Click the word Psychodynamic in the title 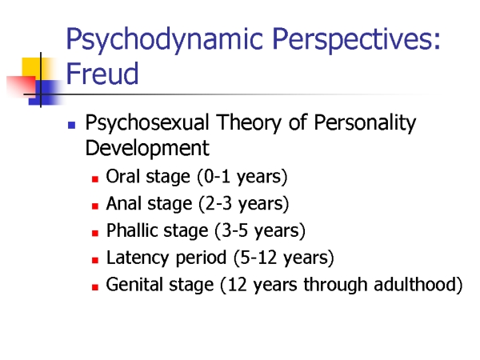click(164, 40)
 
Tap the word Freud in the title click(102, 73)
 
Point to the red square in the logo click(21, 86)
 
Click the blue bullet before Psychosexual click(71, 125)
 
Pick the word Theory click(249, 123)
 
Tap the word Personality click(365, 123)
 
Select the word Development click(147, 148)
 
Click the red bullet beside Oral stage click(95, 178)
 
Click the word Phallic click(132, 230)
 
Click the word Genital click(134, 284)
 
